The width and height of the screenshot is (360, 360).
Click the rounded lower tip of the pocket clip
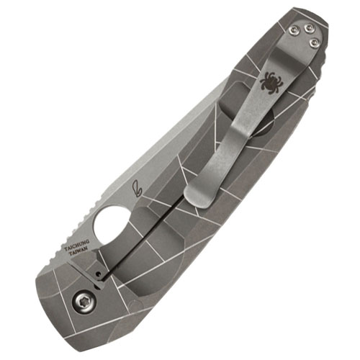pos(193,196)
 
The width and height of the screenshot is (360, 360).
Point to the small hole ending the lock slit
pos(98,273)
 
